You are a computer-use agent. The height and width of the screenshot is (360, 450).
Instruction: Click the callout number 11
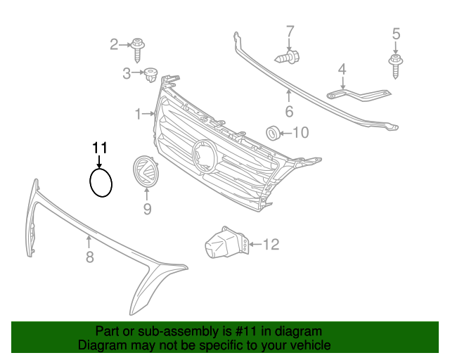100,148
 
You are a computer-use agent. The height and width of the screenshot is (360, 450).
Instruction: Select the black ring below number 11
91,183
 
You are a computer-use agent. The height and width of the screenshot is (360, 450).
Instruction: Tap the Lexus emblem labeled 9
146,171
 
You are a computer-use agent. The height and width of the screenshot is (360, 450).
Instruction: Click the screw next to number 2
138,50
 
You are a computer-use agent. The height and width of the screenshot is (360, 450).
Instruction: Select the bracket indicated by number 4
359,95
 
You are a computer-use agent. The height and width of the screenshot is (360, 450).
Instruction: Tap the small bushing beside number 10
273,133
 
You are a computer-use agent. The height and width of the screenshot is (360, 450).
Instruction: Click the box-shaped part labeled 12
226,242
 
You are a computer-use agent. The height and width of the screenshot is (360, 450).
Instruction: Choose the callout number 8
90,257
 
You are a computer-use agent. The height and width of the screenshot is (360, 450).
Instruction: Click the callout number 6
289,111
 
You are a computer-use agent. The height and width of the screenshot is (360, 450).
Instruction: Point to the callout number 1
139,114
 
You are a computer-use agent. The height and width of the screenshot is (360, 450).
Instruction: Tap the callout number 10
300,133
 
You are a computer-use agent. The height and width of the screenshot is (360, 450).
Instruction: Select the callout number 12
271,244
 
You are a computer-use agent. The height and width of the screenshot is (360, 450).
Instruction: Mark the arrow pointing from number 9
147,194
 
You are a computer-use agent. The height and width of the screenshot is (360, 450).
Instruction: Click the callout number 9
147,209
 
